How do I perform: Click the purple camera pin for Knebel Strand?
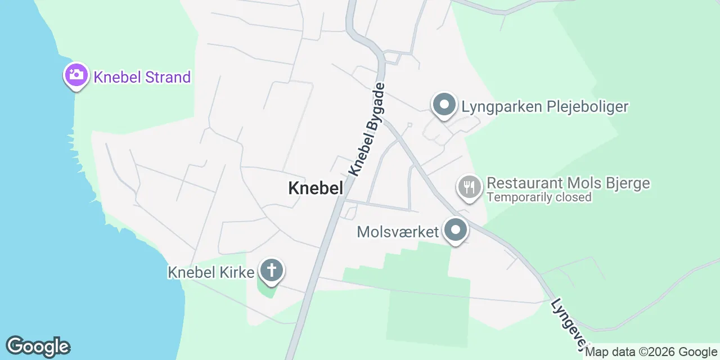coord(76,75)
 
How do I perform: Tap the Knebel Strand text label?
coord(142,77)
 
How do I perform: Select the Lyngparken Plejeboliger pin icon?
coord(444,105)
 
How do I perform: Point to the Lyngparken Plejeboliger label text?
coord(544,106)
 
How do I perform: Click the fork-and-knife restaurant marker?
coord(469,186)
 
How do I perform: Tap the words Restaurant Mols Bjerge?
coord(568,183)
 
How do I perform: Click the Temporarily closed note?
coord(539,197)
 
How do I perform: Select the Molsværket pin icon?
coord(456,230)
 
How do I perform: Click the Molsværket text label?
coord(398,232)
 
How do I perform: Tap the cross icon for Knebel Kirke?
coord(271,271)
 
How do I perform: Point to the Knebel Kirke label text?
coord(211,272)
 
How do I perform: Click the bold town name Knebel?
coord(315,188)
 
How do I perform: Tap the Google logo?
coord(38,346)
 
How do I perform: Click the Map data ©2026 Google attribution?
coord(651,352)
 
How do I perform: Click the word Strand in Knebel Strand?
coord(168,77)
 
